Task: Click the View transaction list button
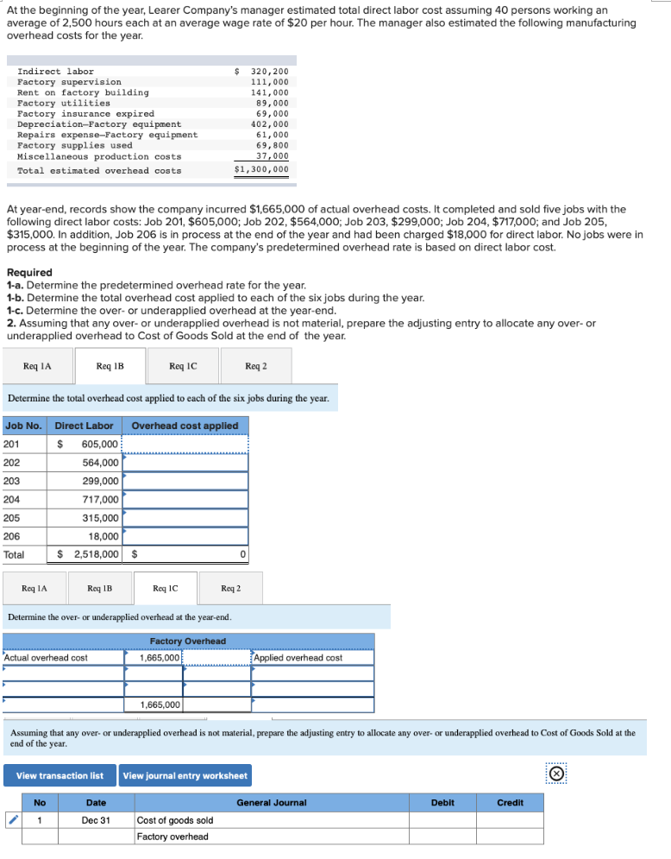(x=60, y=775)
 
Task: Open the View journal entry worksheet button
(x=185, y=775)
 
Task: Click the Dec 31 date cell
(x=96, y=820)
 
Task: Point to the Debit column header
(x=442, y=803)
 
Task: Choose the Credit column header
(x=510, y=803)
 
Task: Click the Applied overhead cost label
(x=298, y=658)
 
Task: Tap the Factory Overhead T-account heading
(x=188, y=641)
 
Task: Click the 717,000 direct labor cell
(x=101, y=500)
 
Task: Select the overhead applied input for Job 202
(x=185, y=463)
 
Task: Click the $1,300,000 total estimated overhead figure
(x=262, y=170)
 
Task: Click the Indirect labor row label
(x=56, y=72)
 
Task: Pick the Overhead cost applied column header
(x=185, y=426)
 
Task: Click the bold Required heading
(x=29, y=273)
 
